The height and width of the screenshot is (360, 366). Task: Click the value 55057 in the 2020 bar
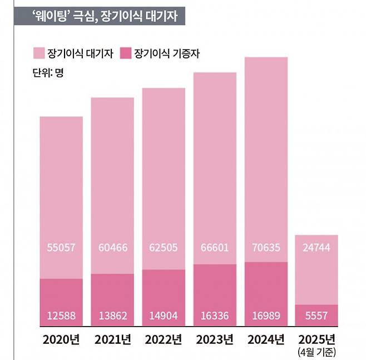point(61,246)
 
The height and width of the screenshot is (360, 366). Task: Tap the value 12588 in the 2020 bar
point(61,316)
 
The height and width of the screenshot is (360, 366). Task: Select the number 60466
point(112,246)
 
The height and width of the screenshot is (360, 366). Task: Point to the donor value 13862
point(112,316)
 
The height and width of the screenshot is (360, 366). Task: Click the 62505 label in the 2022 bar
point(164,246)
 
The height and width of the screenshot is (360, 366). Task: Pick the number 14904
point(164,316)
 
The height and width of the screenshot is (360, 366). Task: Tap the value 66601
point(215,246)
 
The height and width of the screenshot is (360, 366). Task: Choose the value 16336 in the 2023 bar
point(215,316)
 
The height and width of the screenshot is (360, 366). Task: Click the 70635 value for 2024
point(266,246)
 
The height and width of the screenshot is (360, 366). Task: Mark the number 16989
point(266,316)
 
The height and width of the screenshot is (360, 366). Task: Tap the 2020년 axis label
point(61,338)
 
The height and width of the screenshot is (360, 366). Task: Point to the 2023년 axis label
point(215,338)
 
